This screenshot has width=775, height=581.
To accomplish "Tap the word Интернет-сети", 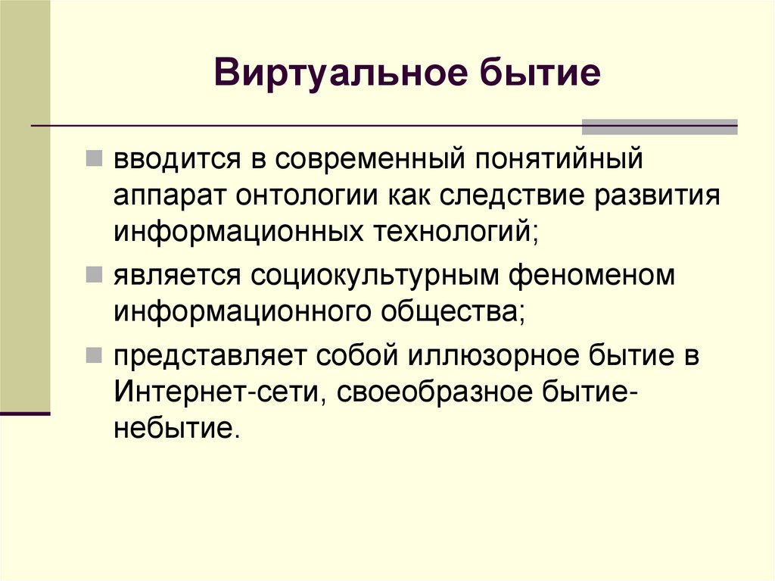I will click(x=216, y=392).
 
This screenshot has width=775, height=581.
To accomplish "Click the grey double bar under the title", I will click(x=659, y=127).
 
